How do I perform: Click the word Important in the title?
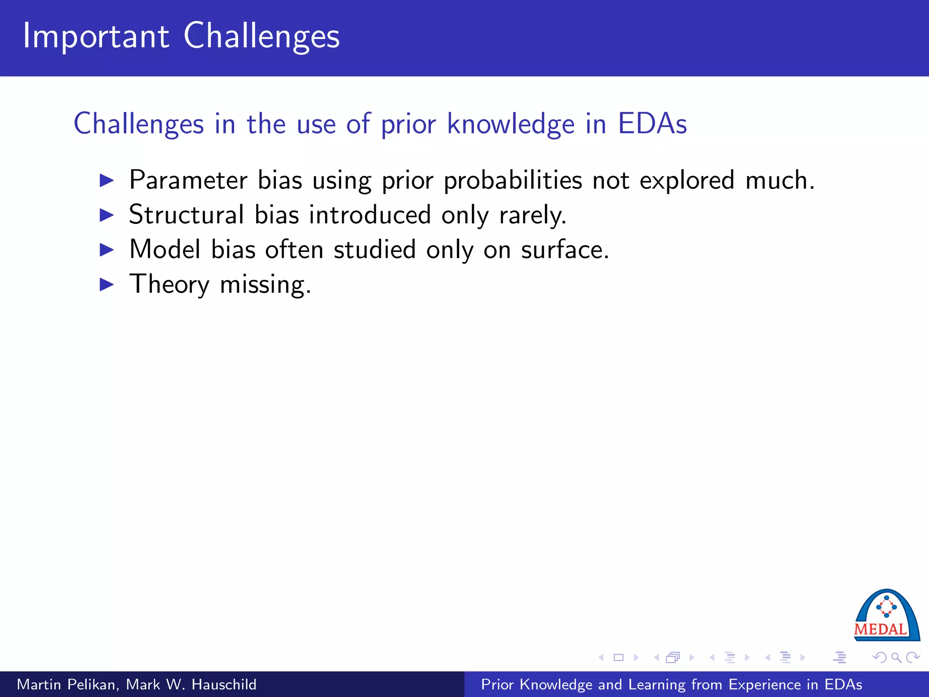(96, 36)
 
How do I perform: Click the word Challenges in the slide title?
(261, 36)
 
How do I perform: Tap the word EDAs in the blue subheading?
(652, 123)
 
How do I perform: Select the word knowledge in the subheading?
(511, 123)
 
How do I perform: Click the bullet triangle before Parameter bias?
(107, 181)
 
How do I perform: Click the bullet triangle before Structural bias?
(107, 215)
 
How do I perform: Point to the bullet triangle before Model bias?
(107, 250)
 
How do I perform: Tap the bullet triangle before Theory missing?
(107, 285)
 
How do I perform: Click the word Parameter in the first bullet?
(188, 181)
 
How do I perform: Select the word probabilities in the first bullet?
(513, 181)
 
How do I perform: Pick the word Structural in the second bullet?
(186, 215)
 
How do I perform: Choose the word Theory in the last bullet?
(169, 285)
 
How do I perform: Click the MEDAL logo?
(886, 616)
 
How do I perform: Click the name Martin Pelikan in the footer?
(68, 684)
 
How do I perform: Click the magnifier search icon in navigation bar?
(895, 658)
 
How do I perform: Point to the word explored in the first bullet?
(686, 181)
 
